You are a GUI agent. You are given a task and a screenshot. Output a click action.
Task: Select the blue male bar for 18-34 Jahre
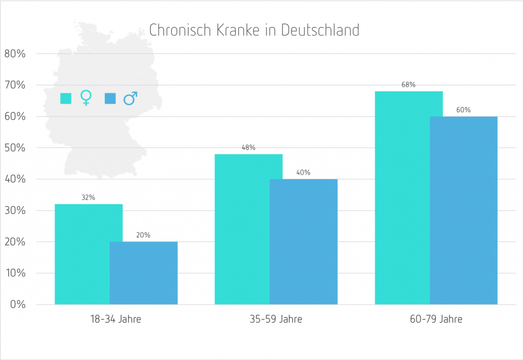click(x=144, y=273)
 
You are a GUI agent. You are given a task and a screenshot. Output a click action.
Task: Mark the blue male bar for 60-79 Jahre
click(x=463, y=210)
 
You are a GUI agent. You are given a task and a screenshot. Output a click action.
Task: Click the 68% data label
click(x=409, y=85)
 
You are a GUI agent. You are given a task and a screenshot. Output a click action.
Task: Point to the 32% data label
click(x=88, y=198)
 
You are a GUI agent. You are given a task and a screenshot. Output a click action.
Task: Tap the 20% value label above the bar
click(x=144, y=235)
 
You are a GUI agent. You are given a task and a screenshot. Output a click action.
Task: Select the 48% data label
click(x=248, y=148)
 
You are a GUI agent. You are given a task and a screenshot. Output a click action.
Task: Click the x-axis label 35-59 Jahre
click(x=276, y=320)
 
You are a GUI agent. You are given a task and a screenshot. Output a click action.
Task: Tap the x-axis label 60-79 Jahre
click(x=436, y=320)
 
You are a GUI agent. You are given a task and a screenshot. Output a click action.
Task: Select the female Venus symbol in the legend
click(x=86, y=98)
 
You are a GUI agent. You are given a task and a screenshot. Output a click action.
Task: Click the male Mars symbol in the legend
click(x=131, y=98)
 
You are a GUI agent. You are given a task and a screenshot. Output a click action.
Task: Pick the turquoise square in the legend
click(x=65, y=98)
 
